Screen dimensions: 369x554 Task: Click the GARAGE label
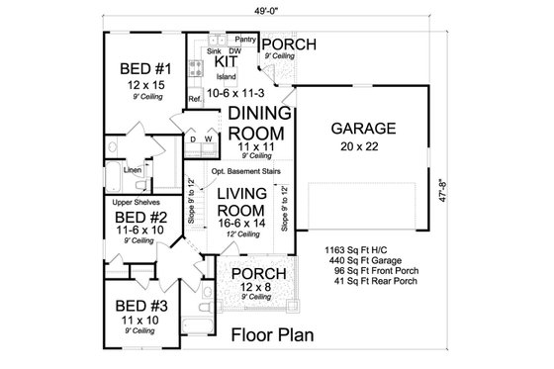tap(364, 128)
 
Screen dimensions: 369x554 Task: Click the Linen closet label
tap(132, 169)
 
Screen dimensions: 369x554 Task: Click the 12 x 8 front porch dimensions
tap(256, 286)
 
